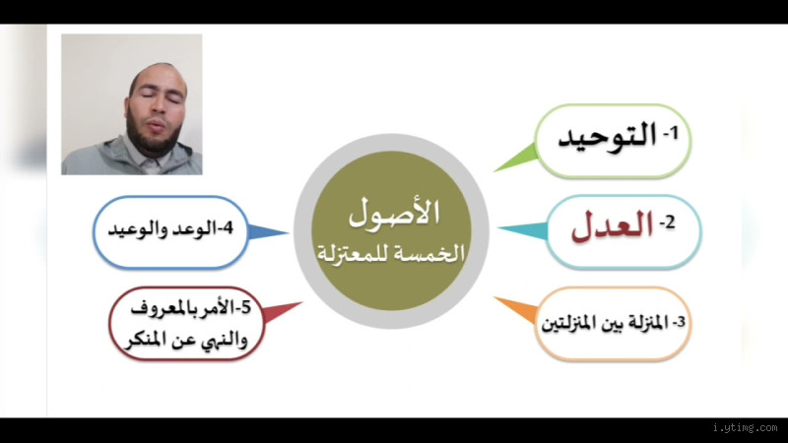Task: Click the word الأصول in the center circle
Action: click(x=395, y=211)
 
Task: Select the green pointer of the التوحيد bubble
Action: click(x=515, y=158)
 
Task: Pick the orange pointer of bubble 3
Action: click(x=512, y=307)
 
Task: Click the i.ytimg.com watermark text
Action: click(x=743, y=428)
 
